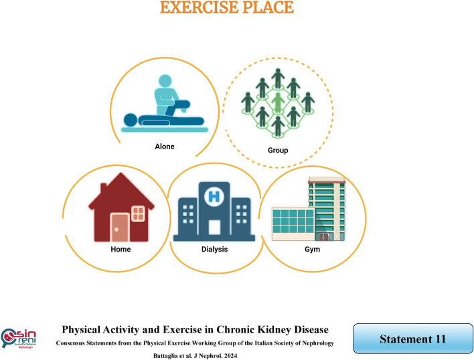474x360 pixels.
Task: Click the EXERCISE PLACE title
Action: [x=237, y=9]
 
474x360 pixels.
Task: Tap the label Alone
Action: [x=164, y=146]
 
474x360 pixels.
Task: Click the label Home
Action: [x=121, y=249]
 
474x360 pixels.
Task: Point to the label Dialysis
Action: [x=213, y=249]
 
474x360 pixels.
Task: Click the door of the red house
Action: [x=120, y=228]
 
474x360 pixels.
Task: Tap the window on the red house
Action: [x=138, y=213]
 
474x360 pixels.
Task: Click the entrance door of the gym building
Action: [x=324, y=236]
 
